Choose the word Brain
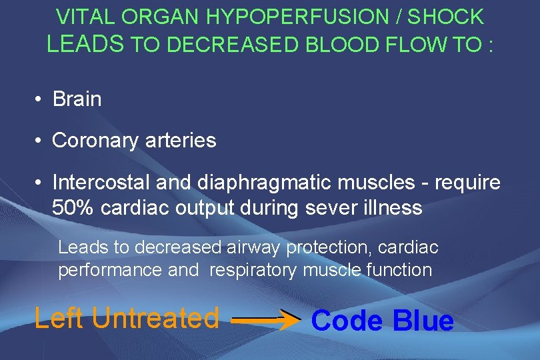77,99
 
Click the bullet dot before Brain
40,100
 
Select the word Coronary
95,141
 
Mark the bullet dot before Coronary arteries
40,141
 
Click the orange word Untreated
155,318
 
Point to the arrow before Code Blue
265,321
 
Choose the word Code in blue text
347,321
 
